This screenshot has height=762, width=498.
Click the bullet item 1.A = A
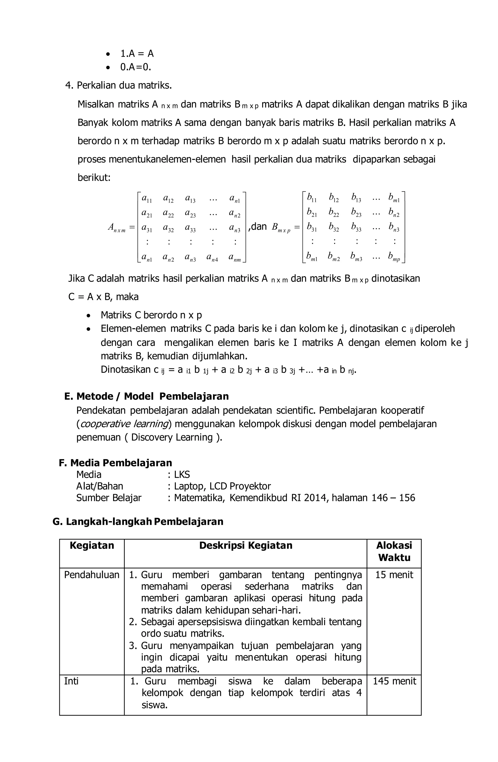(x=137, y=54)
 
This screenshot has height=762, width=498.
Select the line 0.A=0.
(x=135, y=67)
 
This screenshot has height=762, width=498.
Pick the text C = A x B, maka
(x=103, y=297)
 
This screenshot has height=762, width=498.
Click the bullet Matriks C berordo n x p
(x=151, y=315)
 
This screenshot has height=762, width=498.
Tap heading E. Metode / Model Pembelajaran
(x=147, y=396)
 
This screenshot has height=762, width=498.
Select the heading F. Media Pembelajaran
(x=116, y=463)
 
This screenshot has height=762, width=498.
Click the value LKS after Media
(x=181, y=474)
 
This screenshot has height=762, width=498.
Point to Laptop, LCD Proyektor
(x=222, y=486)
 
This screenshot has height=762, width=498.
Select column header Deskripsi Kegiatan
(x=246, y=545)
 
